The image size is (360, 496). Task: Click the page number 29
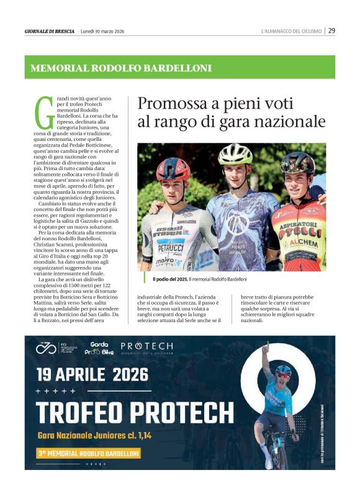(332, 30)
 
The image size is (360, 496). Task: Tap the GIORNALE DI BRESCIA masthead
(49, 31)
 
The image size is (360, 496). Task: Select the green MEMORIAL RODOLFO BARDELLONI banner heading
(121, 68)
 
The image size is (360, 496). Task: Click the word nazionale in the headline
(290, 121)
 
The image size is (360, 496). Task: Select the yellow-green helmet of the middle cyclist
(236, 153)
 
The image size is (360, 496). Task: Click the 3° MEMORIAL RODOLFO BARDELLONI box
(87, 453)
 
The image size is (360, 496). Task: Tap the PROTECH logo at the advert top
(146, 346)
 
